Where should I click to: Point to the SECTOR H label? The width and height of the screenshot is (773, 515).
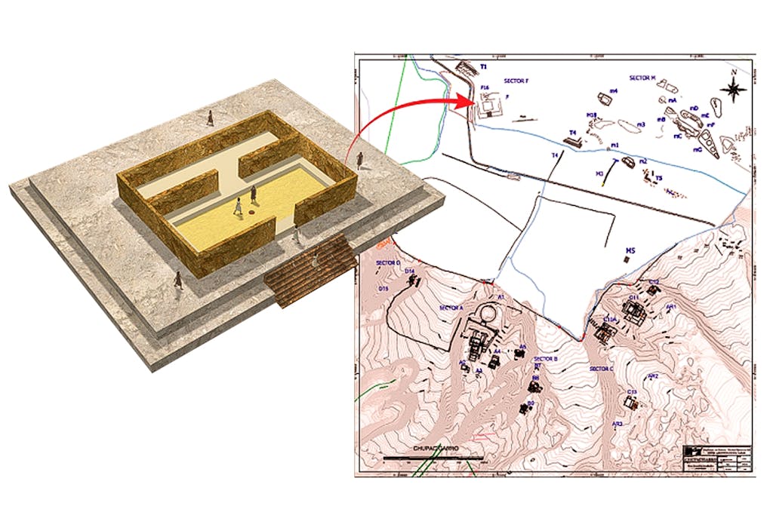click(x=643, y=77)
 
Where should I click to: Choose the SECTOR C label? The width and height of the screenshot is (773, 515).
click(x=601, y=369)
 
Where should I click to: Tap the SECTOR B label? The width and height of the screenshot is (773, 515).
click(x=544, y=359)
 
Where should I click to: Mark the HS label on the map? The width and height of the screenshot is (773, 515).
click(x=627, y=250)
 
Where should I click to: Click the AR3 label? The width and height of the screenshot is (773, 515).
click(x=617, y=424)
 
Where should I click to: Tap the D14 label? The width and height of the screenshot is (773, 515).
click(x=410, y=271)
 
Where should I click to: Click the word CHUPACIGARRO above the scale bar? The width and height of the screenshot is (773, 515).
click(x=436, y=448)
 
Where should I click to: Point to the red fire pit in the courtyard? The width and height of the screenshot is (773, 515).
click(x=247, y=212)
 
